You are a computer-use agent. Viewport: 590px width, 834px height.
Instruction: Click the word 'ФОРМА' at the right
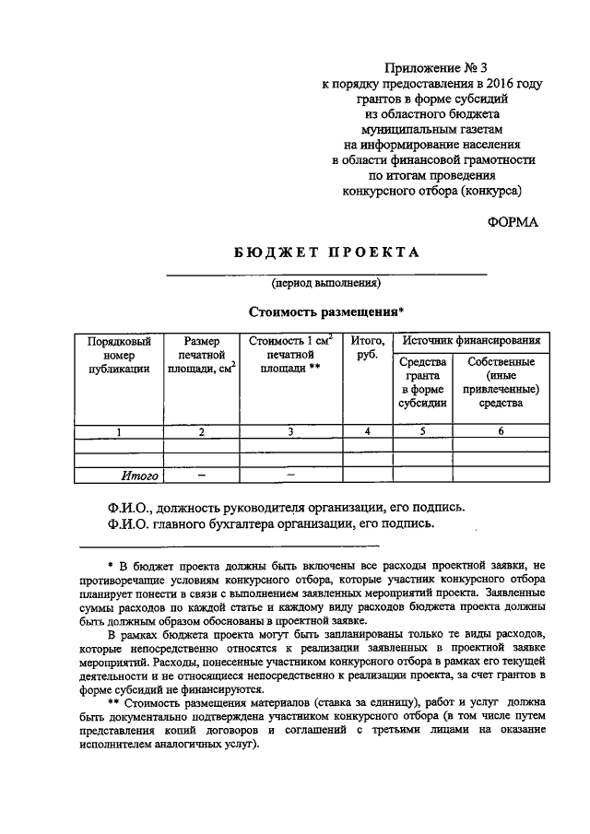[x=513, y=221]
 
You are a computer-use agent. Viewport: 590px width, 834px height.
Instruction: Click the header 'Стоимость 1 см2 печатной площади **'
[x=290, y=355]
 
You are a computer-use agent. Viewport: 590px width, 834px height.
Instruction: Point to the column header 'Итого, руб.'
[x=368, y=348]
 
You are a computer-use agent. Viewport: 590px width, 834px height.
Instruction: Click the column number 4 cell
[x=368, y=431]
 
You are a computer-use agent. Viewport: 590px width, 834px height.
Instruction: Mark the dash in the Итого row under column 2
[x=201, y=476]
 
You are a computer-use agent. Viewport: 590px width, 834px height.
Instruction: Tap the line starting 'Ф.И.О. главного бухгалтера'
[x=269, y=523]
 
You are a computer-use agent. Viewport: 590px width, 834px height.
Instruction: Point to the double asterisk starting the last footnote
[x=113, y=701]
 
